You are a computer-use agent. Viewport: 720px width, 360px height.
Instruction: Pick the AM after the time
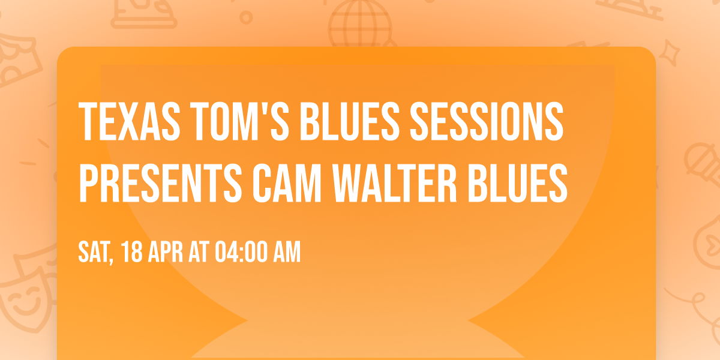pos(286,253)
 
